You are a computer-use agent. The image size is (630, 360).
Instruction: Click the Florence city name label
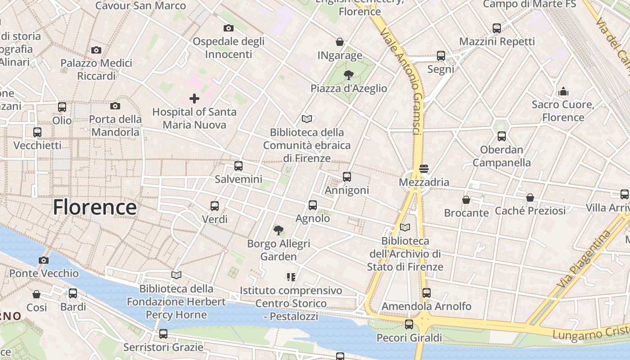[94, 207]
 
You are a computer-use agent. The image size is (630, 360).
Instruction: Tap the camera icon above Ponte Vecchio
[44, 260]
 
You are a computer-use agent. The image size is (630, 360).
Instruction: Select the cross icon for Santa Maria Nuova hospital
[194, 98]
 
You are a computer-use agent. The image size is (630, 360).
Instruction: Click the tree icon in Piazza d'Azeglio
[348, 75]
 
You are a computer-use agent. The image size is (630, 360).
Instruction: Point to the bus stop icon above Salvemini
[238, 166]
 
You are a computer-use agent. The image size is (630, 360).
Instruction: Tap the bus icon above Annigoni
[346, 176]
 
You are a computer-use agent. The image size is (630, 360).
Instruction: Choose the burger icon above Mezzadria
[423, 169]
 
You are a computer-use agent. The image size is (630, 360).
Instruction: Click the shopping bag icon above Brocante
[466, 199]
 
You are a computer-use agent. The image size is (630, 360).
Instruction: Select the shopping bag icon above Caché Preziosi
[530, 197]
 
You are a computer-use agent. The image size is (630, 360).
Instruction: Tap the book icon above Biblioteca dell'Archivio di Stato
[405, 228]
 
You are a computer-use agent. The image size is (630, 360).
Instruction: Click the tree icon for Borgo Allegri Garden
[279, 230]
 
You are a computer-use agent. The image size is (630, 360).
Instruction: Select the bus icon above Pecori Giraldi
[409, 324]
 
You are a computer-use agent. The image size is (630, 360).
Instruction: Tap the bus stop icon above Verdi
[215, 206]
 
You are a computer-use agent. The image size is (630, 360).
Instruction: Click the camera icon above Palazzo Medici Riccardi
[96, 50]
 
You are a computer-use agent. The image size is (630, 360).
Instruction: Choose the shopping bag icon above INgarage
[340, 42]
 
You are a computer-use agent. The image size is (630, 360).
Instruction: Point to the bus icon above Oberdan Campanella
[501, 136]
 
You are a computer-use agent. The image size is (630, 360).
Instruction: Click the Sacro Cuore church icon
[563, 91]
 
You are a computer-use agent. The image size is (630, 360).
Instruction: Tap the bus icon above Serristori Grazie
[163, 334]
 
